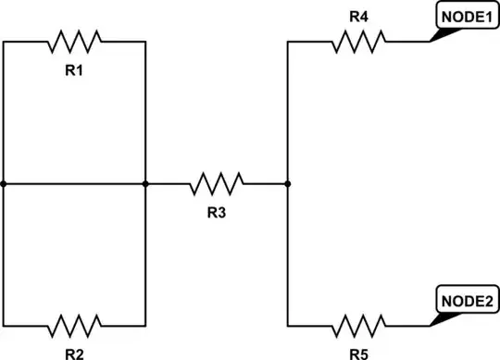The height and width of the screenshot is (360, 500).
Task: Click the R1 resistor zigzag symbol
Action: (75, 41)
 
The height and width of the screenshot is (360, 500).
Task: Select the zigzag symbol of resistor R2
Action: (75, 326)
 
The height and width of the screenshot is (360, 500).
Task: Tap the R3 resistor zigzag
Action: (217, 183)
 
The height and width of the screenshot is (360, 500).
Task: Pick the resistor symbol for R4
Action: (359, 41)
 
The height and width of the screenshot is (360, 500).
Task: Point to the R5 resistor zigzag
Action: (359, 326)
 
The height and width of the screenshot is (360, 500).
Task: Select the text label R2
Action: (75, 353)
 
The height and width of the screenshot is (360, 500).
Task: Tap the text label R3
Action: (217, 213)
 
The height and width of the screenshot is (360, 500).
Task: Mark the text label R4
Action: (359, 16)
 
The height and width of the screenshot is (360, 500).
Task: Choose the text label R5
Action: (359, 353)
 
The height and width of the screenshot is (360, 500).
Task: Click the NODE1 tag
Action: (465, 16)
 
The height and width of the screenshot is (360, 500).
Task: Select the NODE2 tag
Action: (465, 301)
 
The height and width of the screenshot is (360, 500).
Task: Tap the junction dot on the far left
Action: (4, 183)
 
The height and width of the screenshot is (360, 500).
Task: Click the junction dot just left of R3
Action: (145, 183)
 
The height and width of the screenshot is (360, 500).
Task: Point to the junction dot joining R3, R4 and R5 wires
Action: (288, 183)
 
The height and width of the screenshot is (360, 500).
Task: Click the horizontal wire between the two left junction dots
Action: (74, 183)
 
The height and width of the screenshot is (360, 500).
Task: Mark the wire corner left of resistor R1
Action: (4, 41)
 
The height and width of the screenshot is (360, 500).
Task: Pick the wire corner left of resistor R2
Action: (4, 326)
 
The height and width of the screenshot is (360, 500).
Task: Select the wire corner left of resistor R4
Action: (288, 41)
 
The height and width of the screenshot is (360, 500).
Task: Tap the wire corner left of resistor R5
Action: (288, 326)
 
